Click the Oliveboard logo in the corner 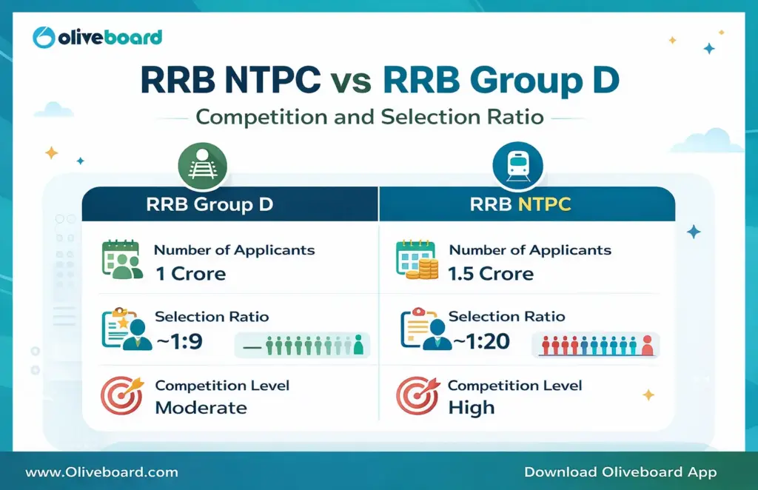pos(98,37)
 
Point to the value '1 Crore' pos(190,273)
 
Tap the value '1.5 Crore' pos(491,273)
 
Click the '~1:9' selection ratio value pos(178,341)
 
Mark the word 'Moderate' pos(201,407)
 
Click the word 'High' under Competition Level pos(472,407)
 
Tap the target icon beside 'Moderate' pos(121,396)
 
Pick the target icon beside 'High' pos(417,396)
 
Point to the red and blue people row pos(596,345)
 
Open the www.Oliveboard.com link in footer pos(101,471)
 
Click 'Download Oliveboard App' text pos(620,471)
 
